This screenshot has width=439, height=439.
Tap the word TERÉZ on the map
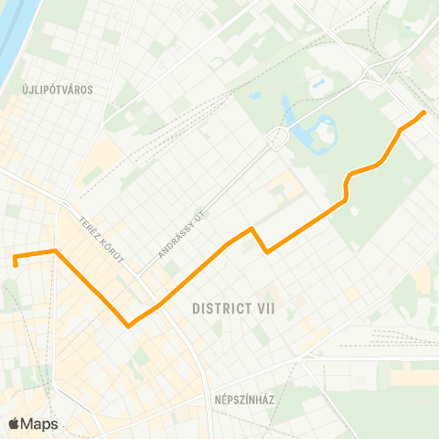(89, 225)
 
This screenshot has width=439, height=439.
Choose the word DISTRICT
(218, 309)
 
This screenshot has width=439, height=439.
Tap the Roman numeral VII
(262, 309)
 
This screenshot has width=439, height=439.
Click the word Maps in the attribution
(39, 423)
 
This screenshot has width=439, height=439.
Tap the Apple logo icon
(15, 423)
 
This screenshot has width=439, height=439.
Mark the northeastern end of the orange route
(423, 112)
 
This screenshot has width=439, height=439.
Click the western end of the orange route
(16, 265)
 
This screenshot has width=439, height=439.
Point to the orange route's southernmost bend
(128, 325)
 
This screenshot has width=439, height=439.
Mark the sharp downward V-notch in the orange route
(266, 252)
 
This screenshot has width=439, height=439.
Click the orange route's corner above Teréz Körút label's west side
(56, 250)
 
